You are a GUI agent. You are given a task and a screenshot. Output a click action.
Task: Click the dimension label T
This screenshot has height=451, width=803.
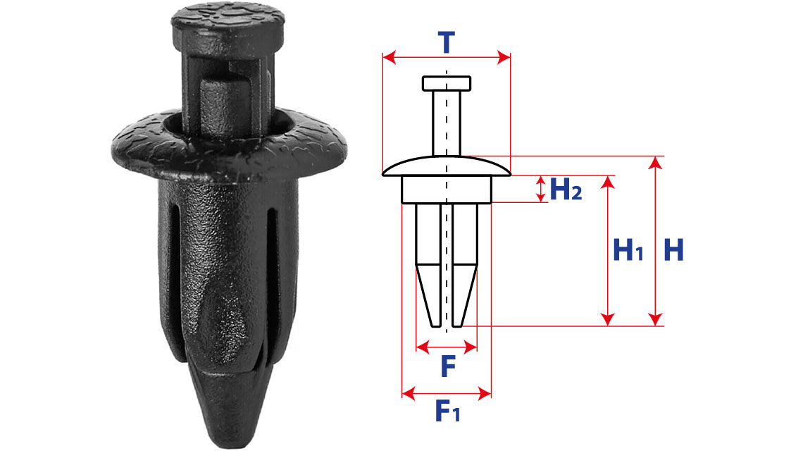coord(447,42)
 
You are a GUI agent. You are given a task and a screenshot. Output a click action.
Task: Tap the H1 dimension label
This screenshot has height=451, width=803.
coord(628,250)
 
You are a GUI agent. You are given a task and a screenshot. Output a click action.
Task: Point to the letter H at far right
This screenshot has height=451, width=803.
coord(673,250)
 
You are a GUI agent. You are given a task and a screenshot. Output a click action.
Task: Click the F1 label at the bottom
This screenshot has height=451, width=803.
coord(447,411)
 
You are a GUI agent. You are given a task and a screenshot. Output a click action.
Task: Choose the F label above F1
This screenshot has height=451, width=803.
coord(448,366)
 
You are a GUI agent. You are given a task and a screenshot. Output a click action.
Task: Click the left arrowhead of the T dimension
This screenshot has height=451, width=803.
coord(389,57)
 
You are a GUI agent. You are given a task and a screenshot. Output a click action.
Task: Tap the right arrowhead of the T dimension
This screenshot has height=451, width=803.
coord(504,57)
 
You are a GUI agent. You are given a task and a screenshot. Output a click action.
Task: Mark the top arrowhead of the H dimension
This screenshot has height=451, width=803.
coord(655,163)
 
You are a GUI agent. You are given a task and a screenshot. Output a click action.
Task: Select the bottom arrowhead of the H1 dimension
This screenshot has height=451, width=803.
coord(607,319)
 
